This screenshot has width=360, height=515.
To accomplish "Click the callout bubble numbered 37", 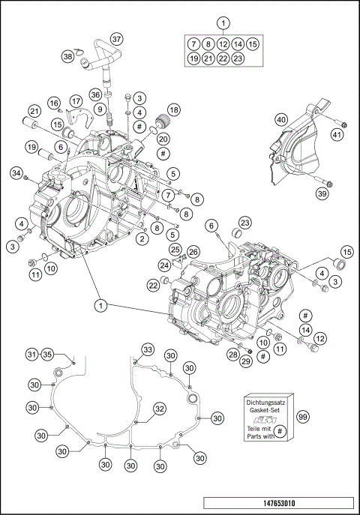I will click(x=116, y=39).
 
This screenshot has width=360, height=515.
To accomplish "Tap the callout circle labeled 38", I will click(x=68, y=57).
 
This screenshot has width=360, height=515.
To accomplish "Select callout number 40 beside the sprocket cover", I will click(x=281, y=120).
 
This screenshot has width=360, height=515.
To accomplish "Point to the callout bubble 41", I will click(x=337, y=134).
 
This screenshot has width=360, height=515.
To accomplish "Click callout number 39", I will click(x=322, y=194).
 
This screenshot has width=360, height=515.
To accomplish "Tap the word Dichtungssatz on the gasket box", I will click(x=268, y=404).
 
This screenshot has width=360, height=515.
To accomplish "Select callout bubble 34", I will click(x=16, y=175).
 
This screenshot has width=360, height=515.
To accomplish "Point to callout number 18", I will click(x=173, y=109).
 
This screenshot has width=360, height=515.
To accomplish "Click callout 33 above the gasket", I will click(x=148, y=350).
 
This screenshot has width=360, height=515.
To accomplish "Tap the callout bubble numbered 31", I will click(x=31, y=355).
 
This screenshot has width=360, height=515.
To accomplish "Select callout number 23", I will click(x=245, y=221).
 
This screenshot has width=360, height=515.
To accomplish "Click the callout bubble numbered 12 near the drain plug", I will click(x=321, y=339).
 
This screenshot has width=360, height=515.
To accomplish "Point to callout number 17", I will click(x=76, y=101).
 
